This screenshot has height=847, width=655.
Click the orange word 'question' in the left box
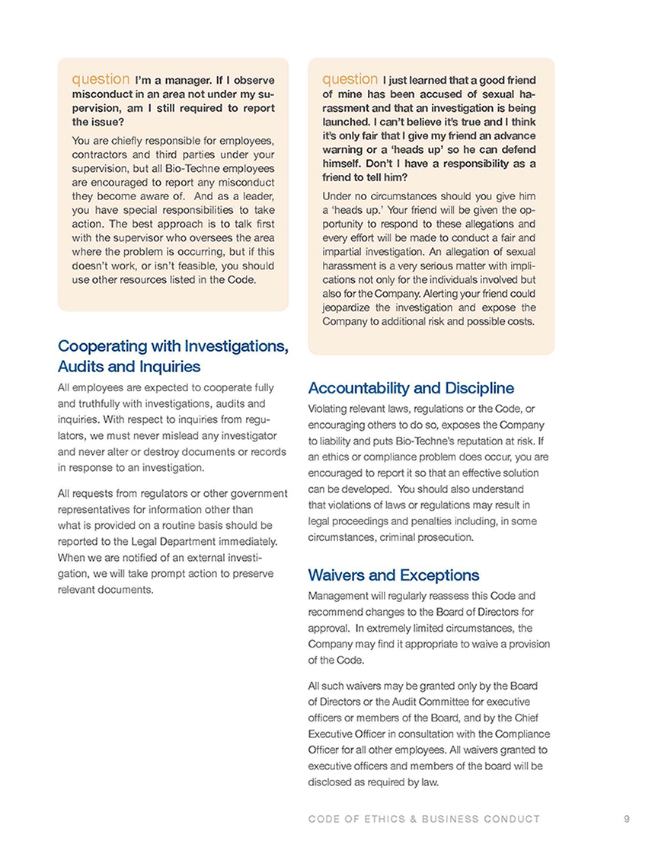coord(101,78)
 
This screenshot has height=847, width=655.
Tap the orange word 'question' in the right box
coord(350,78)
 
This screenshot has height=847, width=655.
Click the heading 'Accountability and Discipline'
coord(411,388)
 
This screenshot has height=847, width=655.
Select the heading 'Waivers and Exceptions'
coord(393,575)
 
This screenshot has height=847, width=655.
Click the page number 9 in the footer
coord(626,820)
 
